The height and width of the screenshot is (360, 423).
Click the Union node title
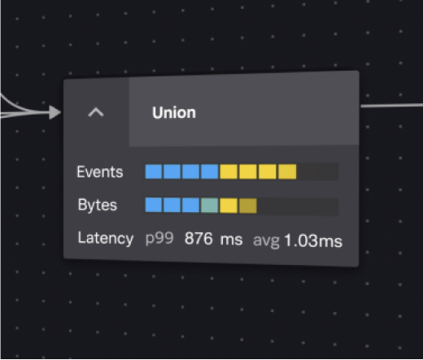pos(174,113)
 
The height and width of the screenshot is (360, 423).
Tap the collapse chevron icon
pos(96,112)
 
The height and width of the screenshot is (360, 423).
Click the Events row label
pos(100,172)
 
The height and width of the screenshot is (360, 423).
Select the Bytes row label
pos(98,205)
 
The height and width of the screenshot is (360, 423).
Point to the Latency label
pos(106,238)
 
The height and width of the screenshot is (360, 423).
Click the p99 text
pos(159,239)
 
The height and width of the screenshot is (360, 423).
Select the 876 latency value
pos(198,239)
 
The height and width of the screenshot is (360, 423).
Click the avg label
pos(266,241)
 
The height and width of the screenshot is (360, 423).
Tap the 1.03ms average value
pos(313,241)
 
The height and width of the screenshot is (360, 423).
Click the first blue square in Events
pos(154,171)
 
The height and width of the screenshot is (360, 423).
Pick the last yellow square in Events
pos(287,171)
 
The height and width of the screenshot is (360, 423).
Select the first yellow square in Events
pos(229,171)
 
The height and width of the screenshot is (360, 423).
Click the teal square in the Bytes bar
pos(210,206)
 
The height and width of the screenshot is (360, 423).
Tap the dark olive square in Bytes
pos(248,206)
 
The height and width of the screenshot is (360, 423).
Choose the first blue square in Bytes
pos(154,205)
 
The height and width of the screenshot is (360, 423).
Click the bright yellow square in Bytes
pos(229,206)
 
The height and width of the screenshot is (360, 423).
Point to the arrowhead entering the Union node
pos(55,112)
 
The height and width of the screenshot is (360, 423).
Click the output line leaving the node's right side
pos(391,106)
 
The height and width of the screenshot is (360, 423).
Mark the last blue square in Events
pos(210,171)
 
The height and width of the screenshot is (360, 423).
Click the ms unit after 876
pos(231,240)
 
